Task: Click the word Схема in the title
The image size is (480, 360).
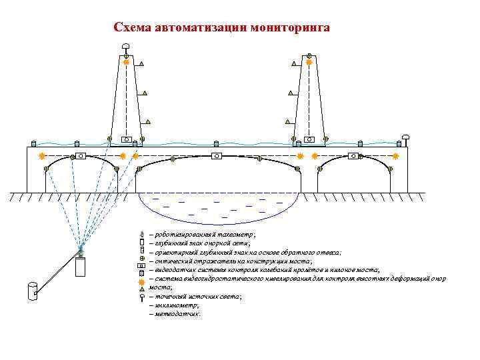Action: (x=132, y=28)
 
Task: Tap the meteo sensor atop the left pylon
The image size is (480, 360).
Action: (x=125, y=47)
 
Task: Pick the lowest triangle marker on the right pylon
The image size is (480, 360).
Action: (x=287, y=122)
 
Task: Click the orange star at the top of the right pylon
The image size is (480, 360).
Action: (x=309, y=62)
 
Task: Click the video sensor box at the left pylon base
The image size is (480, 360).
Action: (x=125, y=139)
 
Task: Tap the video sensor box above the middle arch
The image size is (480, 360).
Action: (x=216, y=155)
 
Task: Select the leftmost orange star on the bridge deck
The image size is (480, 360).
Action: (x=41, y=155)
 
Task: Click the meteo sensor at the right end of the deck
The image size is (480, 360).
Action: (x=405, y=138)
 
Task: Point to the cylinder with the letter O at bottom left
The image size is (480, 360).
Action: (x=31, y=291)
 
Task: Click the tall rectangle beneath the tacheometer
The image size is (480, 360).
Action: (x=81, y=267)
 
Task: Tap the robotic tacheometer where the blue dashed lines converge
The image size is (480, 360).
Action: (x=81, y=252)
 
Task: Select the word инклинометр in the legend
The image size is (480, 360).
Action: (x=175, y=305)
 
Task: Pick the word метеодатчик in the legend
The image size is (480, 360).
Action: (x=176, y=313)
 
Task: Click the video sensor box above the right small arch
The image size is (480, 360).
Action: (x=353, y=155)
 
